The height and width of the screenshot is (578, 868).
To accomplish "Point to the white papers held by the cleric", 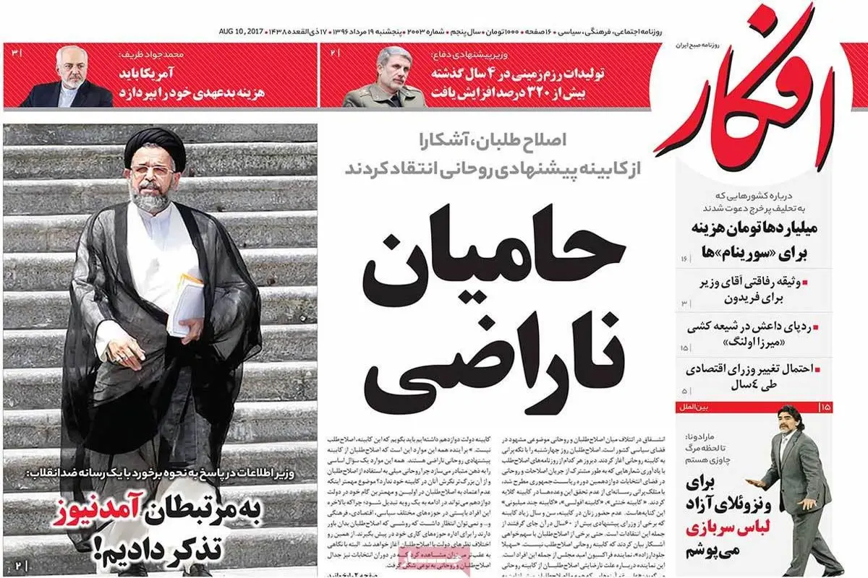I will (187, 303).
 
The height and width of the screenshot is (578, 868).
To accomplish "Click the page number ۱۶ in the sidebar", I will (684, 259).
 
